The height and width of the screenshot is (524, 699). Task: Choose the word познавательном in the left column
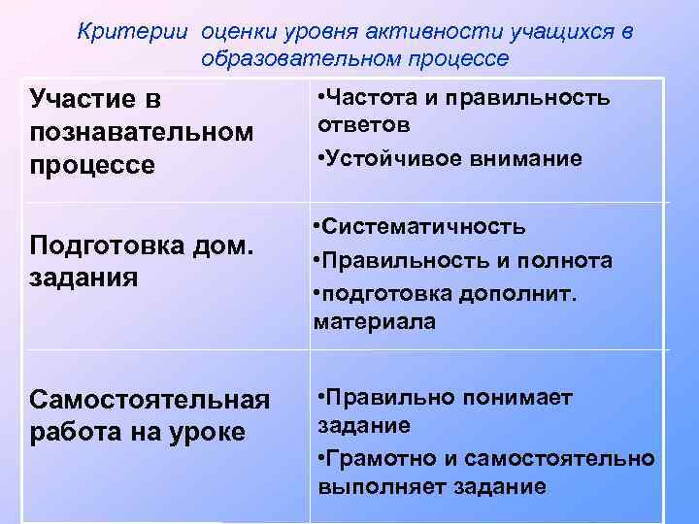point(142,131)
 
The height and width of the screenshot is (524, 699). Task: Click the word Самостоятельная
point(149,401)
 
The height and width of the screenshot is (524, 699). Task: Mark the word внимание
point(520,158)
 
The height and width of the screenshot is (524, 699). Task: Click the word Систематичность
point(425,227)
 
